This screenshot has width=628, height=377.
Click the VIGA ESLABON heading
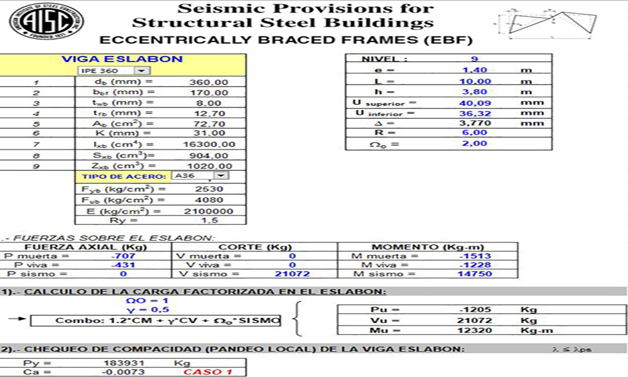(x=122, y=59)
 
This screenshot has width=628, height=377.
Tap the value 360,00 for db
(x=208, y=82)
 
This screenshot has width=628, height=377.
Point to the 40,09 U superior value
(x=475, y=102)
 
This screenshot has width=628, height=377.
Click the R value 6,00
(x=475, y=133)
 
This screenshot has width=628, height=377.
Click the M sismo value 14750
(x=475, y=274)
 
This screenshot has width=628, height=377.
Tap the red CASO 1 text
(x=207, y=373)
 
